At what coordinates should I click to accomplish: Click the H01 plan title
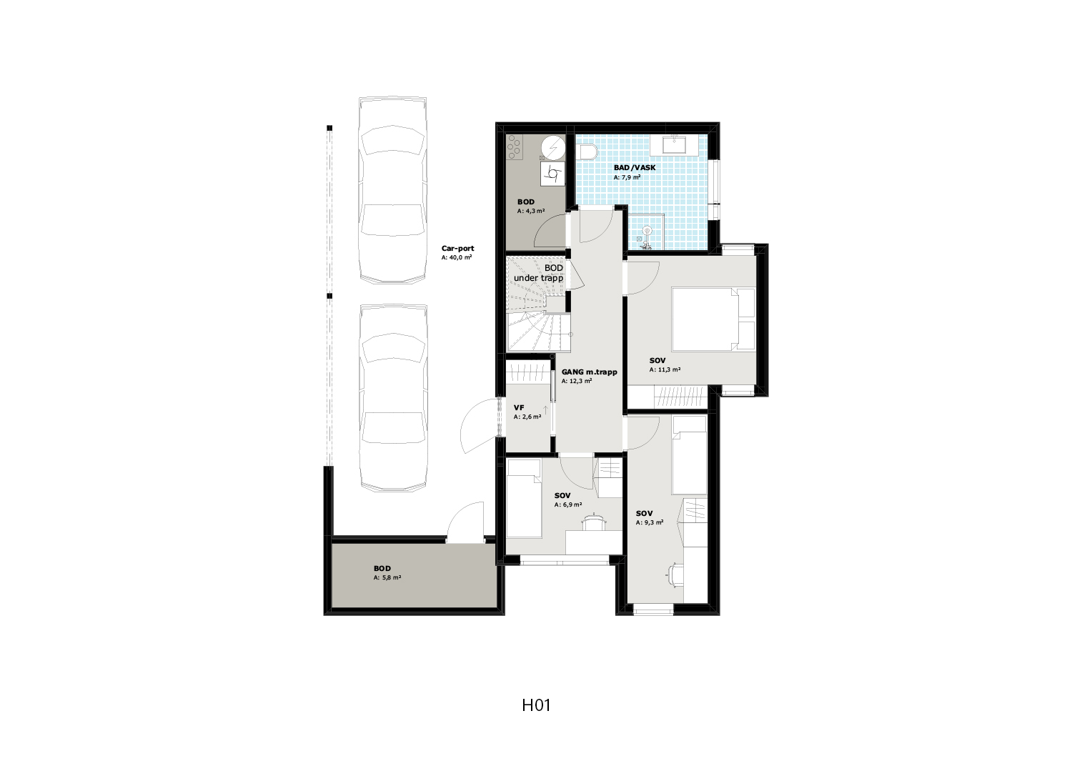click(536, 705)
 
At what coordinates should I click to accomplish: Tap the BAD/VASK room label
click(635, 168)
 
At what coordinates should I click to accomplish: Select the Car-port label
click(457, 249)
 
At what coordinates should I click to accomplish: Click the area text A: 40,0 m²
click(456, 257)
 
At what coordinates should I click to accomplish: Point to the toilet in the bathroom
click(587, 152)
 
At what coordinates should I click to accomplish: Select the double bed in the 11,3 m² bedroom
click(713, 319)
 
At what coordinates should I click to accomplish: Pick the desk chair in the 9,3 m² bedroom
click(675, 574)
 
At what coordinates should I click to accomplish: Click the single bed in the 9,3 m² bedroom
click(689, 455)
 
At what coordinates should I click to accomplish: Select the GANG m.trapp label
click(589, 372)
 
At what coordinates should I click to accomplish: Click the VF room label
click(519, 407)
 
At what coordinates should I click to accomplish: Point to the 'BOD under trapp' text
click(539, 273)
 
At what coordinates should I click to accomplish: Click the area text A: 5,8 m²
click(387, 577)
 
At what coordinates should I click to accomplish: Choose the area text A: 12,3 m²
click(577, 382)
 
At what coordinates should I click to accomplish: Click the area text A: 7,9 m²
click(627, 177)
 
